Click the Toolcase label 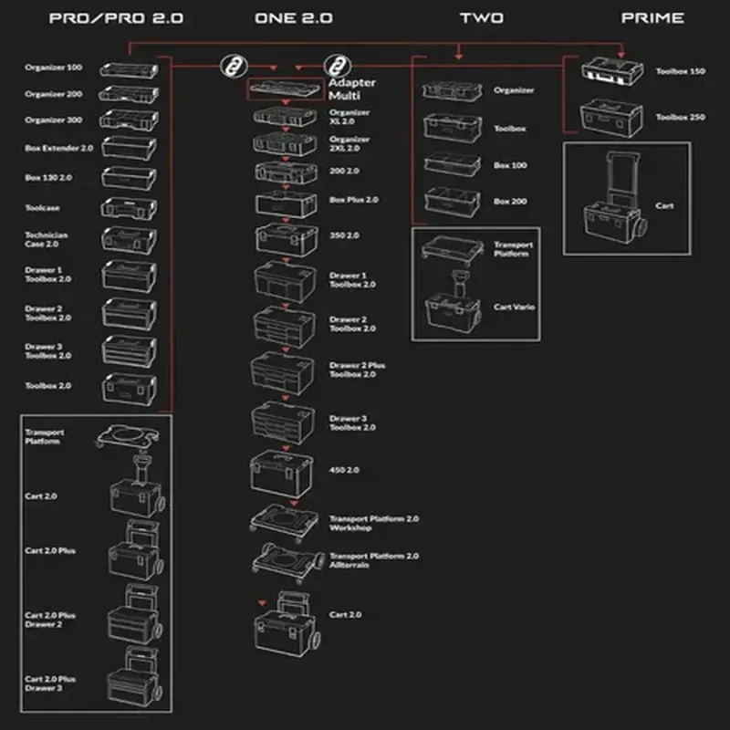(x=42, y=207)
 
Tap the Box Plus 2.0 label (x=353, y=199)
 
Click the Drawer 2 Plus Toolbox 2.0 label (x=357, y=370)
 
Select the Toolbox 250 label (x=681, y=117)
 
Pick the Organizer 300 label (x=53, y=120)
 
